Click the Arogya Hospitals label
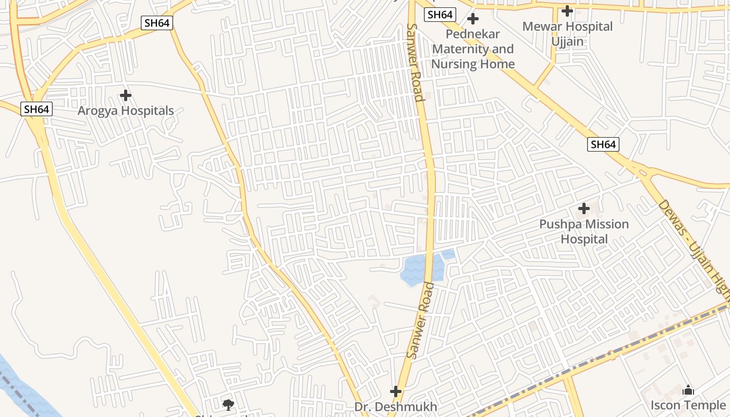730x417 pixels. [126, 111]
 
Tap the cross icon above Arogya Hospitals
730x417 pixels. [125, 95]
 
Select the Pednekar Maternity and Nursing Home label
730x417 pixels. [473, 49]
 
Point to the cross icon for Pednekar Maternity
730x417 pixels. [473, 19]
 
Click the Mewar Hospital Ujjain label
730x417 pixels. [567, 33]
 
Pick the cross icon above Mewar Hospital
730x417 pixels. [567, 10]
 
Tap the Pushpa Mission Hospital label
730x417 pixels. [584, 231]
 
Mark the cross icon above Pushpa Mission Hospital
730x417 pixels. [584, 209]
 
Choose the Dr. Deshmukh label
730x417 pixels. [396, 407]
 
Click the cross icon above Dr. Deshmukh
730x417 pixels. [396, 391]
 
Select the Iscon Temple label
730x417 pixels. [688, 405]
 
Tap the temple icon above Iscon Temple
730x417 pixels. [688, 390]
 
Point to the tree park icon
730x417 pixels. [228, 404]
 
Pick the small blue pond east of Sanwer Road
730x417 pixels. [448, 255]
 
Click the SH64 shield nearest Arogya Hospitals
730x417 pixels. [37, 109]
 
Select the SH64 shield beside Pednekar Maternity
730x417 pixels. [440, 15]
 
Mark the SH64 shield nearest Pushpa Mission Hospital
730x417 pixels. [603, 144]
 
